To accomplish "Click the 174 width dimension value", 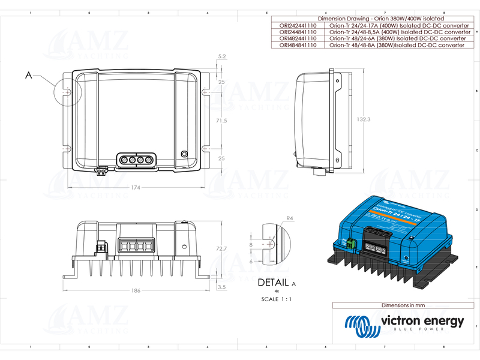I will [x=136, y=188].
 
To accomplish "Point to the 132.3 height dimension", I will [x=362, y=119].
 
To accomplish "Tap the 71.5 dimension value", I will [x=221, y=121].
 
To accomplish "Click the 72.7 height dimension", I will [x=221, y=248].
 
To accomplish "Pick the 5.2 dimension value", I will [x=222, y=56].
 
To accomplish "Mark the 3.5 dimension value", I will [x=222, y=288].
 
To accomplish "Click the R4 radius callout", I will [x=289, y=218].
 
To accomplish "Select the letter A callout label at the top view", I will [x=28, y=76].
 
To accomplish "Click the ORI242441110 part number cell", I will [x=298, y=26].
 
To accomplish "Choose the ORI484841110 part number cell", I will [x=298, y=44].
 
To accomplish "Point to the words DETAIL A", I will [x=277, y=283].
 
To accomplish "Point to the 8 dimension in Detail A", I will [x=251, y=245].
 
